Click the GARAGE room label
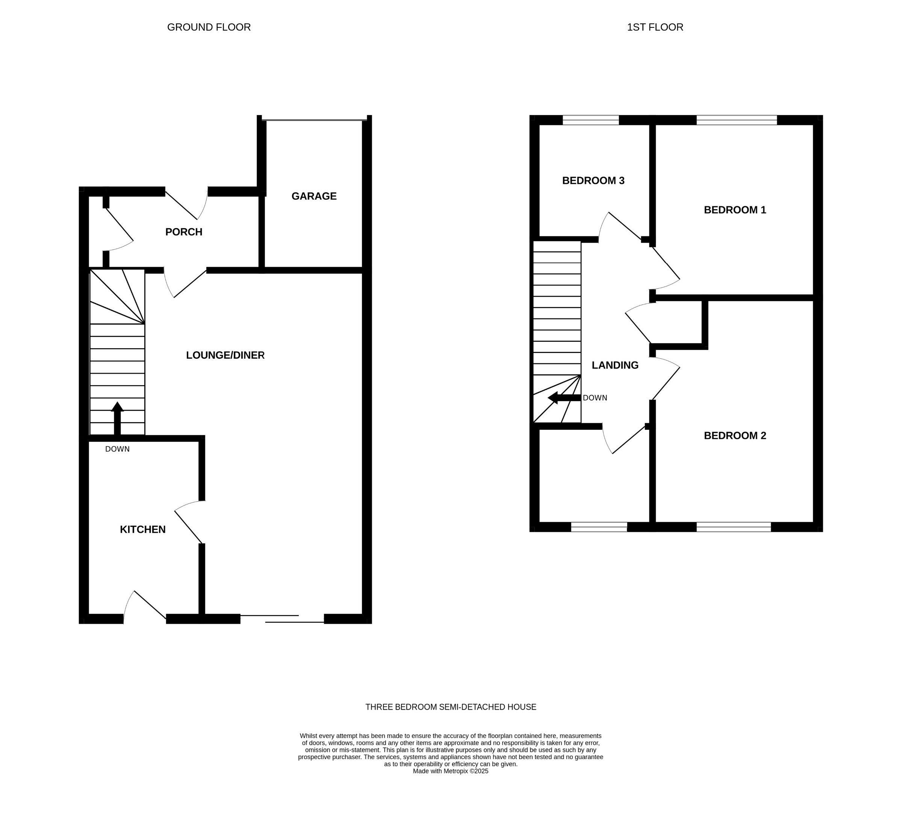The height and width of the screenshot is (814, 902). pyautogui.click(x=314, y=196)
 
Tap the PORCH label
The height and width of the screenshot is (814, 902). pyautogui.click(x=184, y=232)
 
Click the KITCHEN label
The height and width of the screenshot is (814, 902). pyautogui.click(x=142, y=529)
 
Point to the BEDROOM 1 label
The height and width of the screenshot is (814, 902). pyautogui.click(x=735, y=210)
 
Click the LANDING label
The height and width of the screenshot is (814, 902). pyautogui.click(x=615, y=365)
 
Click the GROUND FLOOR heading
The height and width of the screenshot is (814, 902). pyautogui.click(x=209, y=27)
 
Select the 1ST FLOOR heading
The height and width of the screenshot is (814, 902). pyautogui.click(x=655, y=27)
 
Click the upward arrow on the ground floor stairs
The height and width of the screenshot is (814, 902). pyautogui.click(x=117, y=418)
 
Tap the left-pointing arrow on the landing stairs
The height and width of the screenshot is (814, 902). pyautogui.click(x=564, y=398)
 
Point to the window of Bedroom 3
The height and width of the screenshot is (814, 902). pyautogui.click(x=590, y=120)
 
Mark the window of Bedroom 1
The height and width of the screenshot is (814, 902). pyautogui.click(x=737, y=120)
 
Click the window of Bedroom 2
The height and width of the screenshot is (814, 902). pyautogui.click(x=734, y=527)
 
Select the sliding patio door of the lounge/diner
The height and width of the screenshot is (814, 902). pyautogui.click(x=282, y=619)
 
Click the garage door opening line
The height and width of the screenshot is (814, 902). pyautogui.click(x=314, y=120)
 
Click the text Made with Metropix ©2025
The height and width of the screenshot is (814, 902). pyautogui.click(x=451, y=771)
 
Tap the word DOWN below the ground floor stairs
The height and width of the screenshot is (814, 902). pyautogui.click(x=117, y=449)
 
